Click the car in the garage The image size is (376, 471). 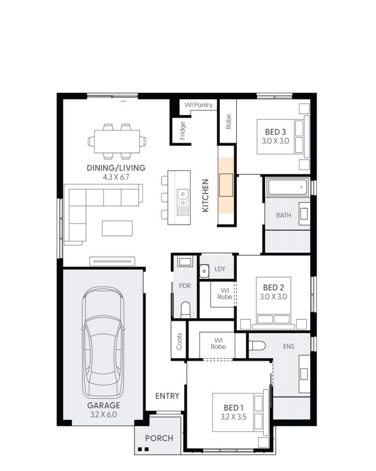click(x=102, y=342)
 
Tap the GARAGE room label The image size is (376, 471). click(x=103, y=405)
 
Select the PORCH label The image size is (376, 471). click(x=159, y=438)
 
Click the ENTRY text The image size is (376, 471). click(x=167, y=396)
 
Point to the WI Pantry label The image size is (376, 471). click(x=198, y=105)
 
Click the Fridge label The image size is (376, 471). click(x=183, y=131)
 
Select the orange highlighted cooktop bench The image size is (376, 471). click(x=226, y=184)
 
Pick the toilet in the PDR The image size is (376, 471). click(x=185, y=309)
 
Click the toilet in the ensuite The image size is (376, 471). click(x=257, y=346)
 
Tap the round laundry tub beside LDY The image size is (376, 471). click(x=204, y=271)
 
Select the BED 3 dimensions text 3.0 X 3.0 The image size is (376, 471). click(x=276, y=141)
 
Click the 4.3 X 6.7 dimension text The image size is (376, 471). click(x=116, y=177)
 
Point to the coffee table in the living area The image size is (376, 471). click(x=117, y=228)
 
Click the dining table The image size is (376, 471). click(x=117, y=141)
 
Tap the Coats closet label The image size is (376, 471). click(x=179, y=340)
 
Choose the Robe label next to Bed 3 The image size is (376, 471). click(x=228, y=122)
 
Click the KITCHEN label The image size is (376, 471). click(x=205, y=196)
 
